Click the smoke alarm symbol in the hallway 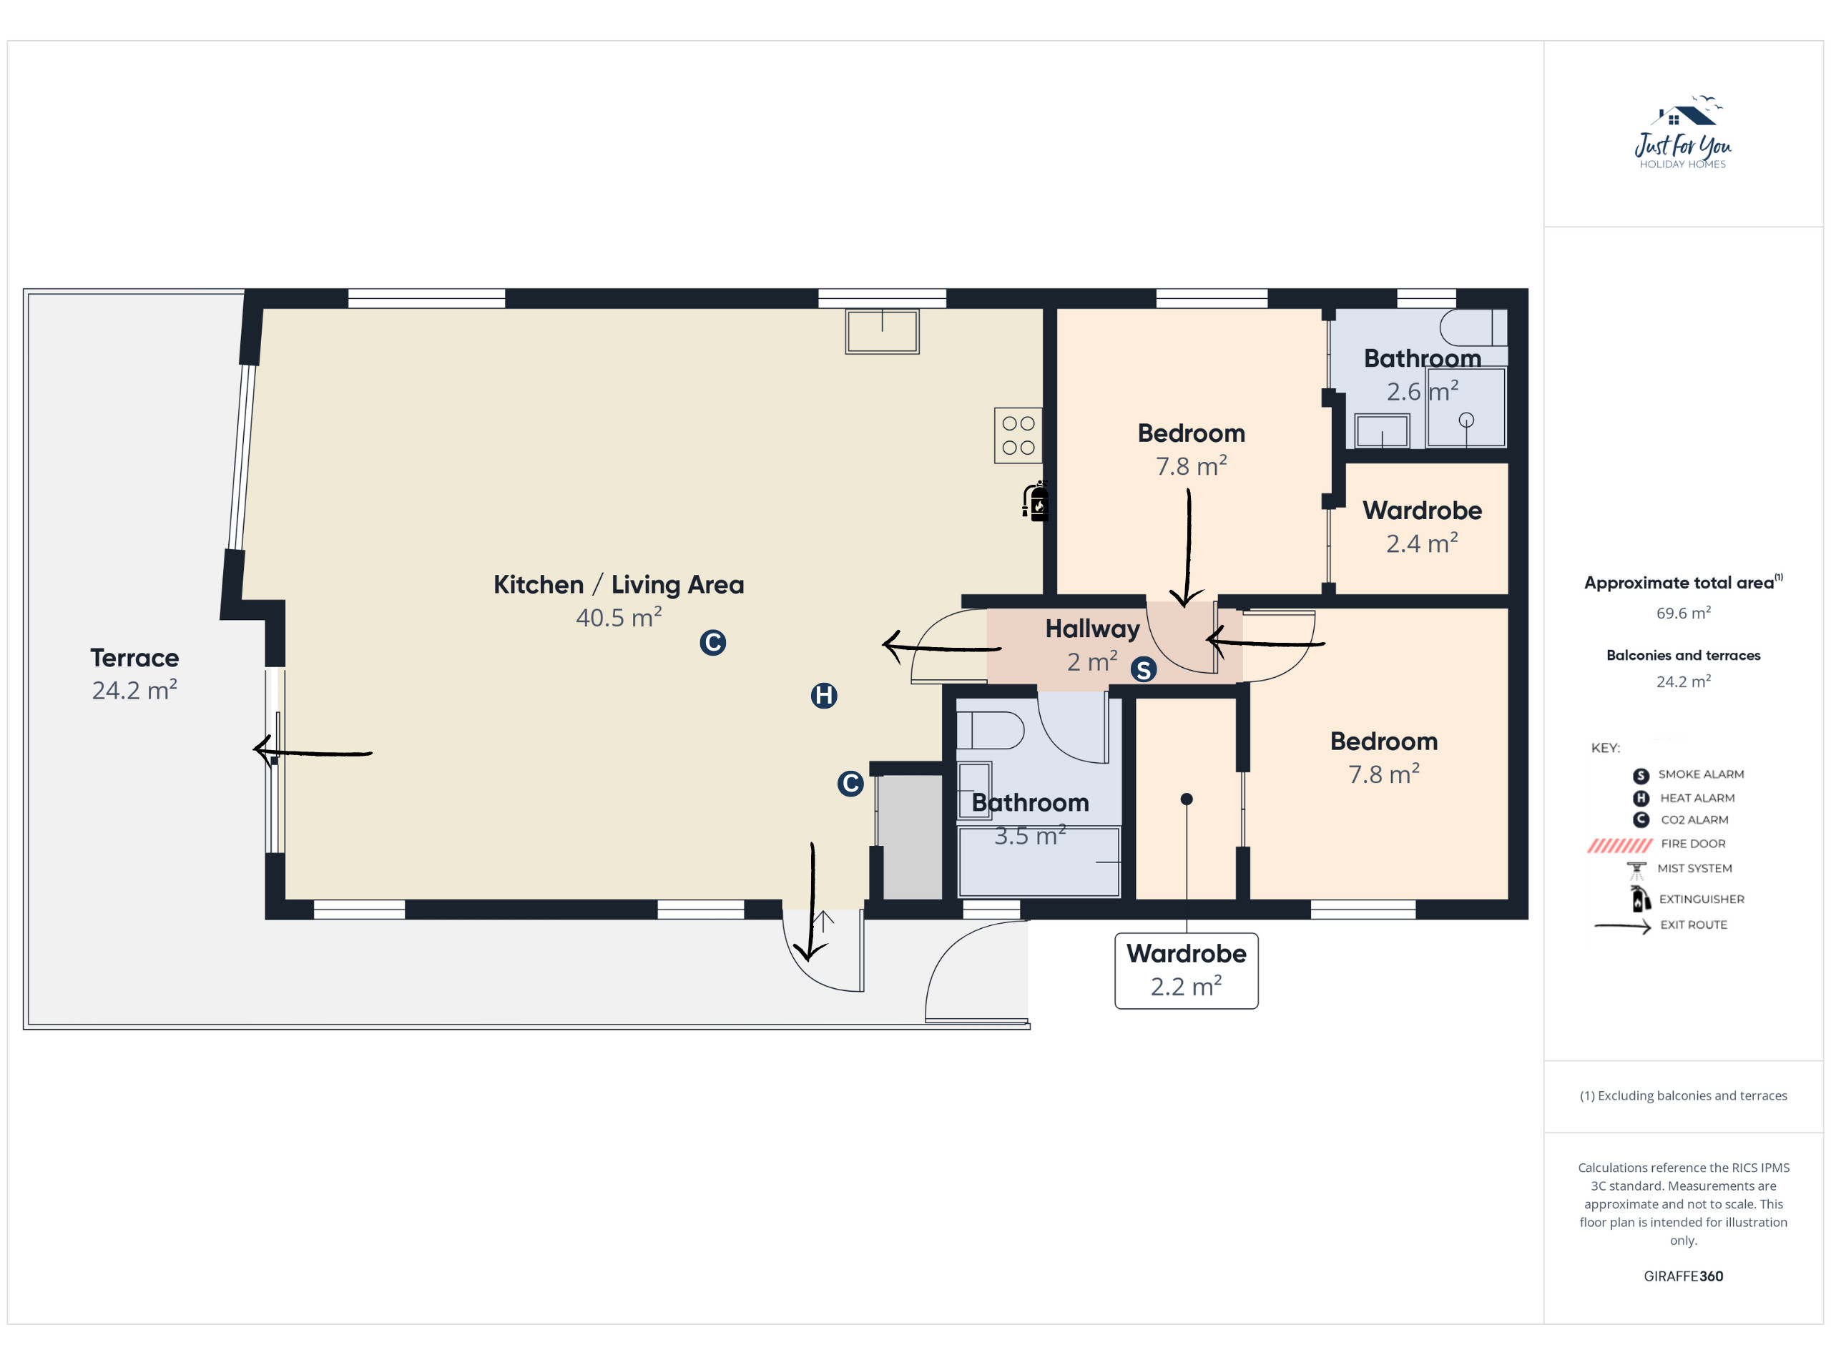1144,669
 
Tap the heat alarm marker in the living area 824,696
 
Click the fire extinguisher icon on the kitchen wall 1036,501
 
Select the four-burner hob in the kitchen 1018,435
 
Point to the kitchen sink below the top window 882,331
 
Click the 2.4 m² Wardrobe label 1422,526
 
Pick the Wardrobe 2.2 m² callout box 1187,971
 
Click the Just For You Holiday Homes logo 1683,132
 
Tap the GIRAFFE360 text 1683,1276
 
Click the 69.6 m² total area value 1683,612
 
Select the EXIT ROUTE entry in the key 1661,925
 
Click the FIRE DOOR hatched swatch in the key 1619,844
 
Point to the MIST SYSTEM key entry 1679,869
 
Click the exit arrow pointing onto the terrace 313,751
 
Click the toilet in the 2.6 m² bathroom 1473,327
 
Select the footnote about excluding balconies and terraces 1683,1095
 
